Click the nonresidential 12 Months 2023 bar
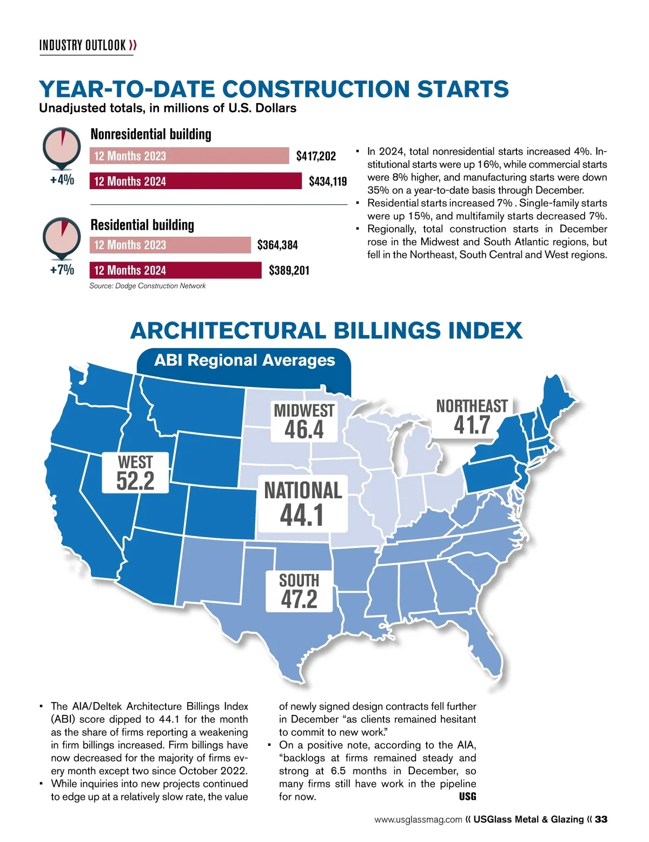[189, 156]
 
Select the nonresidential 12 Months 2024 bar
[195, 181]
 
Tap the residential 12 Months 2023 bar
[170, 245]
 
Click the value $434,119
[328, 181]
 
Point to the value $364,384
[277, 245]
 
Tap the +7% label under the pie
[62, 270]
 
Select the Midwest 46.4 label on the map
[304, 422]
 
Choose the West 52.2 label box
[135, 473]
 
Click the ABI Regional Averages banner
[244, 360]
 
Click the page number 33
[601, 819]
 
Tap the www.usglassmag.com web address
[418, 819]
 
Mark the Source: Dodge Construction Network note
[147, 286]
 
